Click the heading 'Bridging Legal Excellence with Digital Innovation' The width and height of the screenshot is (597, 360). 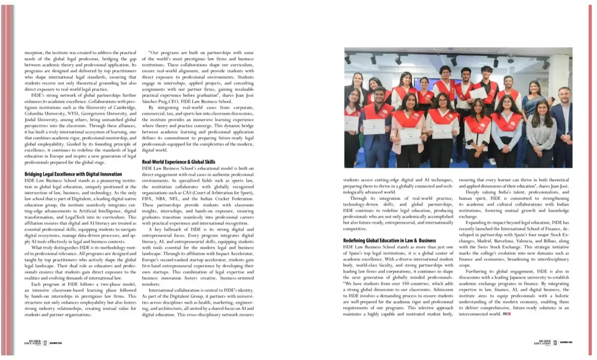(x=73, y=174)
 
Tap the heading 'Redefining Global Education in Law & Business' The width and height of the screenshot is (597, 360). (x=389, y=240)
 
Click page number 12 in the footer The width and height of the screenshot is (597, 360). (x=45, y=343)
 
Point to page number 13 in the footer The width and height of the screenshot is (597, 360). (x=555, y=343)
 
